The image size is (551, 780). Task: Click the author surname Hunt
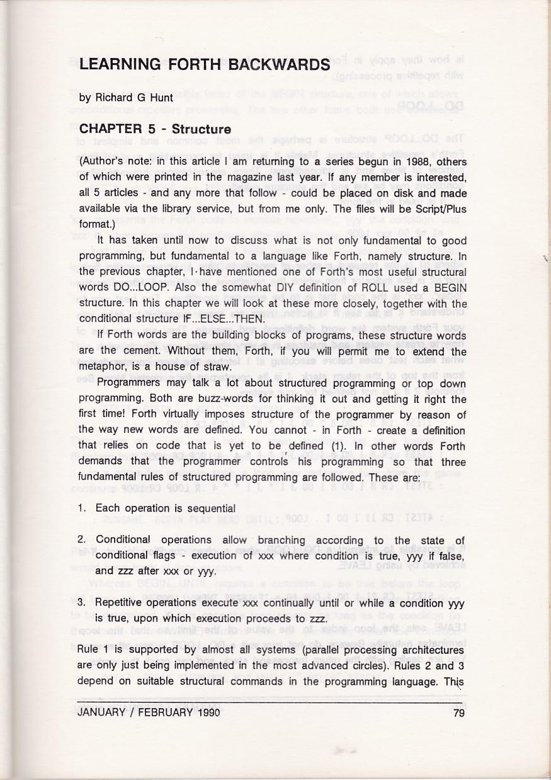point(161,98)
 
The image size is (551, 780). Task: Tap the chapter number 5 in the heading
point(152,130)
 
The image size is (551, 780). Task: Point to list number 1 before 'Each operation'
point(82,508)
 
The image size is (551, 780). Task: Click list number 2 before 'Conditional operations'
point(82,541)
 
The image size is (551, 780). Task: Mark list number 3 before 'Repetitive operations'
point(82,602)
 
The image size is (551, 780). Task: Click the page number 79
point(458,713)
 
